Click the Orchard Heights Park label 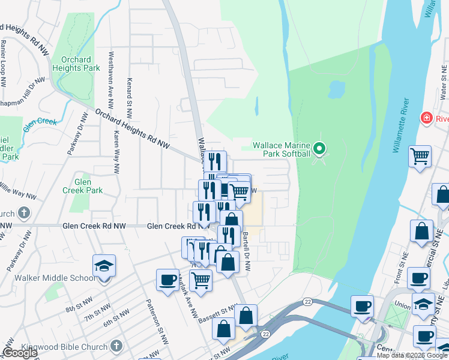click(x=76, y=64)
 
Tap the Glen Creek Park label click(x=82, y=186)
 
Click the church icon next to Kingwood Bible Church click(x=116, y=346)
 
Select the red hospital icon click(x=427, y=118)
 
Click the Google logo click(x=20, y=353)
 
